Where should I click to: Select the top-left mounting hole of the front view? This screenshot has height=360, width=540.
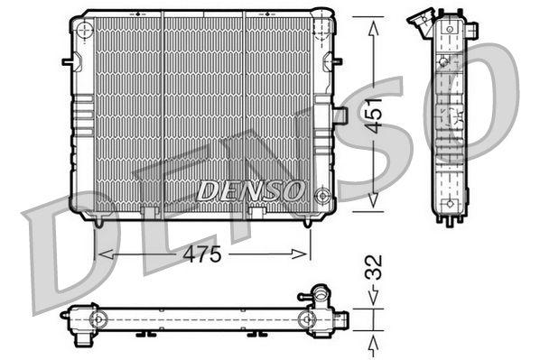[x=85, y=29]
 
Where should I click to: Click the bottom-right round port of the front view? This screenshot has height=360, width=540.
[x=321, y=192]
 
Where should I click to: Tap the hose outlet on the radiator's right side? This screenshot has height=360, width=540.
[x=340, y=115]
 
